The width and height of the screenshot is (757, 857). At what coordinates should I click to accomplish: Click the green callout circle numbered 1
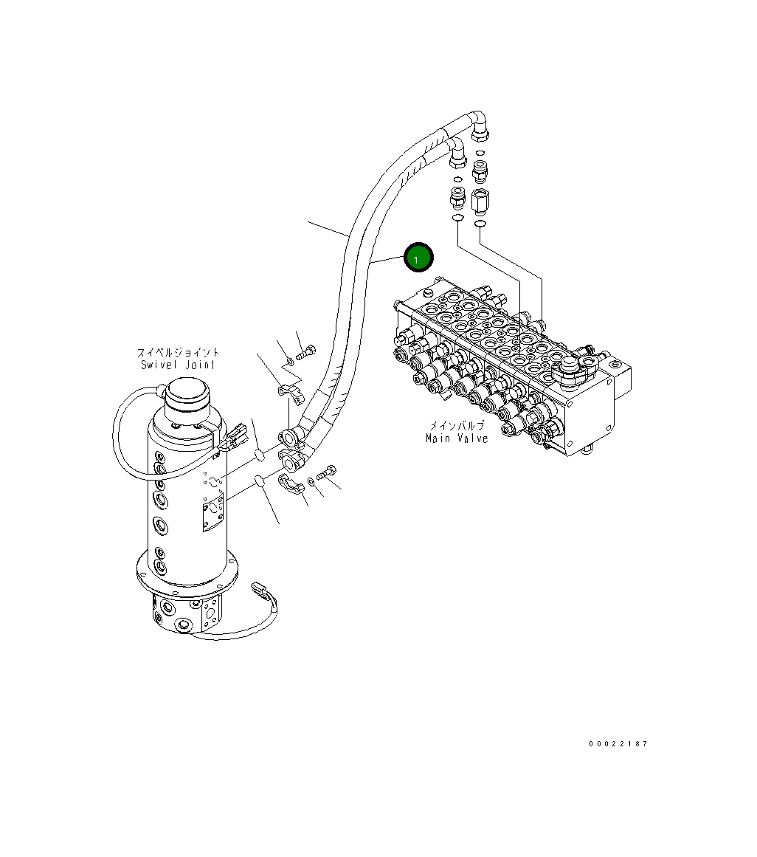click(x=417, y=258)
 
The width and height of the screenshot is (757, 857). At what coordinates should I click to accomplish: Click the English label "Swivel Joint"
click(x=179, y=365)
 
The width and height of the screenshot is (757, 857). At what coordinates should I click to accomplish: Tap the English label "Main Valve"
click(x=457, y=438)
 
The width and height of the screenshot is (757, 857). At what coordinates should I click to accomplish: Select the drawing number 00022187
click(x=618, y=744)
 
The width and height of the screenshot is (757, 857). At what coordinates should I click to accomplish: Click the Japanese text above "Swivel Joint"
click(x=179, y=353)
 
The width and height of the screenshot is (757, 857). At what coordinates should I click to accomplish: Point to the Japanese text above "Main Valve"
click(x=457, y=427)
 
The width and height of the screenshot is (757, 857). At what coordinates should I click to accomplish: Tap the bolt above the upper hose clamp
click(x=305, y=352)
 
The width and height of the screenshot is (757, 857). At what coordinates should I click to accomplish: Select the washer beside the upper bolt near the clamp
click(x=291, y=361)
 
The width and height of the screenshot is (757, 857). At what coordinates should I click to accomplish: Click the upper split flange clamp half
click(x=290, y=393)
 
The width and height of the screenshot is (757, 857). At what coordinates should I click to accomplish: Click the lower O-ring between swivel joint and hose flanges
click(x=259, y=481)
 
